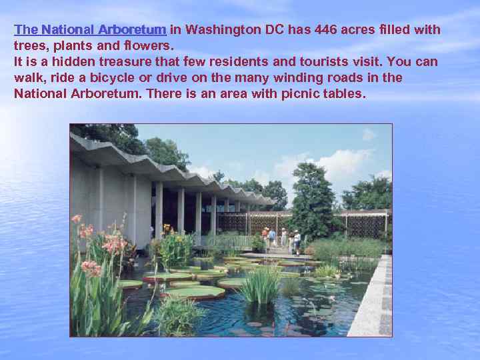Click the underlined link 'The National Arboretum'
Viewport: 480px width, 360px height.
tap(90, 30)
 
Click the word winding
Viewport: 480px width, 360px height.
tap(301, 78)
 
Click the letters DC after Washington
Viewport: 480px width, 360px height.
tap(275, 30)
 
